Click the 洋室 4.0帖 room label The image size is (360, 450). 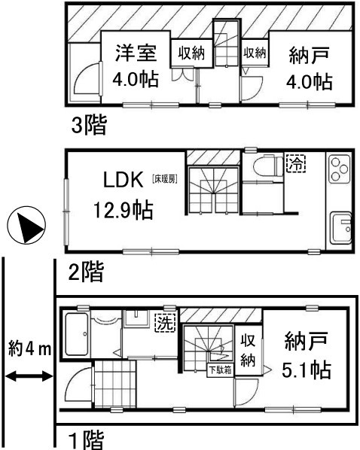pos(136,66)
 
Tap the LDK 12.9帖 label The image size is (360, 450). pos(124,195)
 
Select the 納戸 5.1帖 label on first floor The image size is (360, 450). pos(307,354)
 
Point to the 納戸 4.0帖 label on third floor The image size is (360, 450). pos(309,68)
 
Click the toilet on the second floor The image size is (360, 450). pos(268,166)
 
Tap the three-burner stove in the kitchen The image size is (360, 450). pos(340,169)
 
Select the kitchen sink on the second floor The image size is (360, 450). pos(340,228)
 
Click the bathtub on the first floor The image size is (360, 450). pos(77,334)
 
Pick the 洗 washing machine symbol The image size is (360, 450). pos(165,322)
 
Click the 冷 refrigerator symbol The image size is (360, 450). pos(296,163)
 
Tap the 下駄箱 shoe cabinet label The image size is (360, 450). pos(221,370)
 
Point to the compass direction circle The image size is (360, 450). pos(26,225)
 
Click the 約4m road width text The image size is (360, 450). pos(29,349)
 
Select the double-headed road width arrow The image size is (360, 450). pos(29,376)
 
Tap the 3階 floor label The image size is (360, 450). pos(89,125)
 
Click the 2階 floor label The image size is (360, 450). pos(86,272)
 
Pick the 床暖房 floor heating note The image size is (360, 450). pos(164,180)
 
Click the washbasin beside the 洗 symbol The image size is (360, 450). pos(136,318)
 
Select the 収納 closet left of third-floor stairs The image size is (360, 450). pos(191,53)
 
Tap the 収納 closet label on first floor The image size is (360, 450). pos(248,350)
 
